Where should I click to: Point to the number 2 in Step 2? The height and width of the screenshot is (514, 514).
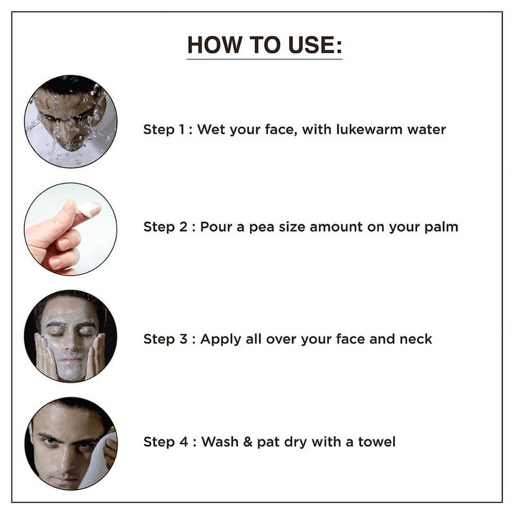pyautogui.click(x=183, y=227)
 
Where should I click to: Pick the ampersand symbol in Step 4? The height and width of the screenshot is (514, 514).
pyautogui.click(x=248, y=442)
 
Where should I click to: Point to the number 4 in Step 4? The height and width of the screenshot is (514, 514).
pyautogui.click(x=183, y=442)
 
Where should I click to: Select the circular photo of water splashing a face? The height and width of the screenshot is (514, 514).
pyautogui.click(x=71, y=121)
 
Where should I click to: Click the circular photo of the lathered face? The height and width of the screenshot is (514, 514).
pyautogui.click(x=70, y=336)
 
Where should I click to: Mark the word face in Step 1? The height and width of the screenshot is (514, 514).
pyautogui.click(x=281, y=130)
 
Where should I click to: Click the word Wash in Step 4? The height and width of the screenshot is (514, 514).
pyautogui.click(x=219, y=442)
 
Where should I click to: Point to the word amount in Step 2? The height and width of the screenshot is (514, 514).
pyautogui.click(x=336, y=227)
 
